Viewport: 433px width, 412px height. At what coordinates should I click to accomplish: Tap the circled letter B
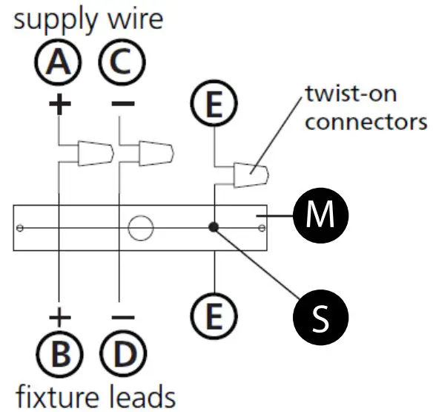59,355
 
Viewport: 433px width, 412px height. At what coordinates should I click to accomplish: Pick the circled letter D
119,355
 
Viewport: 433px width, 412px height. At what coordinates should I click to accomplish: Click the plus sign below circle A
59,102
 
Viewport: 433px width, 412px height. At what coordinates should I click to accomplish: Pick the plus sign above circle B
59,318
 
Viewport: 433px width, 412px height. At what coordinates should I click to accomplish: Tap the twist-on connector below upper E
251,175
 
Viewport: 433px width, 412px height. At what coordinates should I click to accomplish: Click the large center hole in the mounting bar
139,228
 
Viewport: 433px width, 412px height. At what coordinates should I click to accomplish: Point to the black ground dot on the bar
214,228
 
